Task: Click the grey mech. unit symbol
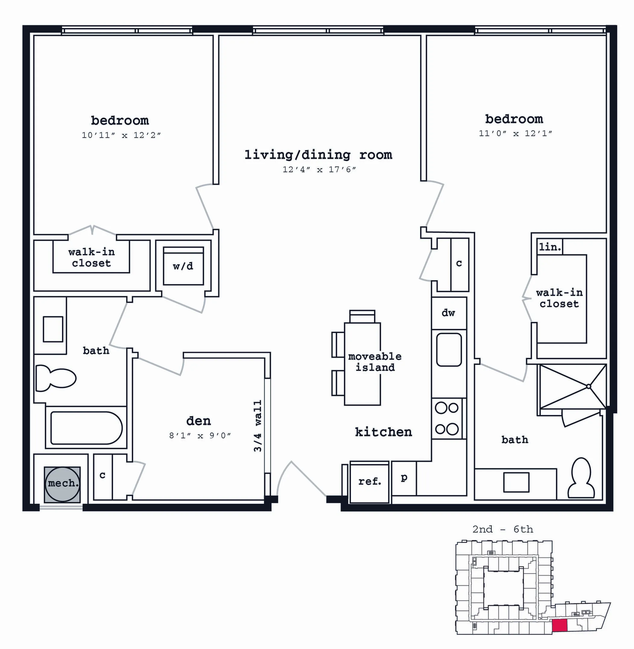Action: pos(62,484)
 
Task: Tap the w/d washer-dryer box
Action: pos(183,266)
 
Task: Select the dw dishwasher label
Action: pos(448,313)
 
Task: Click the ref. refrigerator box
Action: pos(369,482)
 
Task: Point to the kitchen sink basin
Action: pos(449,350)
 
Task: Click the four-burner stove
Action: pos(447,418)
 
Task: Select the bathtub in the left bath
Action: pos(86,428)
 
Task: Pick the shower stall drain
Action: pos(589,387)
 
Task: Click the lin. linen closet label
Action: pos(550,247)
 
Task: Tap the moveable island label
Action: pos(375,362)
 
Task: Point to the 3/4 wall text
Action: pos(258,426)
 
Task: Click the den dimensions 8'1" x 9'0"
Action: pos(200,435)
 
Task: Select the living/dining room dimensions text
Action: pos(319,169)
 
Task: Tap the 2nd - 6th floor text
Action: pos(502,529)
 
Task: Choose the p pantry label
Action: pos(404,478)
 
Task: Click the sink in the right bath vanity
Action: pos(516,482)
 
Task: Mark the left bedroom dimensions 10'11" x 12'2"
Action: pos(121,135)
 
